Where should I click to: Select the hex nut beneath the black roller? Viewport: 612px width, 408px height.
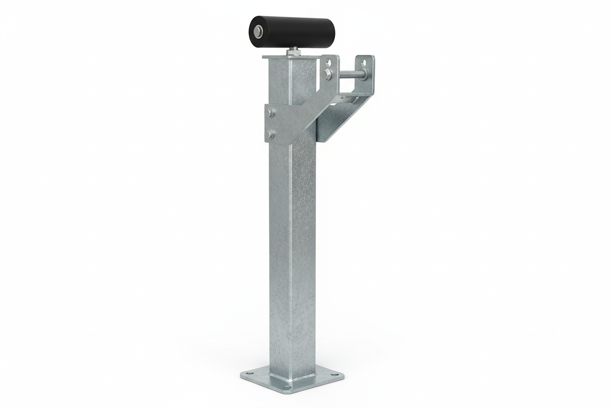[x=293, y=51]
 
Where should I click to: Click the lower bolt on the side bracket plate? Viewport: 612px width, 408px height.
[x=270, y=134]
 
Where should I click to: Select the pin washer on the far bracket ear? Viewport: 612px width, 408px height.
[x=363, y=75]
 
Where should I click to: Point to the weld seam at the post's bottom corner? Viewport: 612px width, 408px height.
[x=289, y=378]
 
